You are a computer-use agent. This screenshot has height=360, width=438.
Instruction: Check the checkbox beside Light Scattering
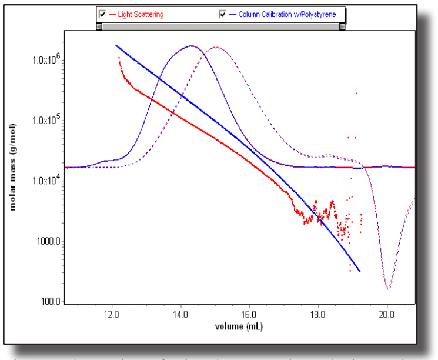pyautogui.click(x=103, y=14)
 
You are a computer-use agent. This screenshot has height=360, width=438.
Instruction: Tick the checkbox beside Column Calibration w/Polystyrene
pyautogui.click(x=223, y=14)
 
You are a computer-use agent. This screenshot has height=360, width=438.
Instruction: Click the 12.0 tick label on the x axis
pyautogui.click(x=111, y=314)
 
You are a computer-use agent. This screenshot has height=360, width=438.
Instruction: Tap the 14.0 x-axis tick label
pyautogui.click(x=180, y=314)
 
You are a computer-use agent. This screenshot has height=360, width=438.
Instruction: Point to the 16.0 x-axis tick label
pyautogui.click(x=249, y=314)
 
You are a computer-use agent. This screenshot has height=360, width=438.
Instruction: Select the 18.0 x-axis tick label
pyautogui.click(x=318, y=314)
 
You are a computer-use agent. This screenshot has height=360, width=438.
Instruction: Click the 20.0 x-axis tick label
pyautogui.click(x=387, y=314)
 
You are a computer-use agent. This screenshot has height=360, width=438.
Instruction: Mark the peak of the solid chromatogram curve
pyautogui.click(x=192, y=46)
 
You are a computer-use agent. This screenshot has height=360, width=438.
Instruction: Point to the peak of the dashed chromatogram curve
pyautogui.click(x=216, y=47)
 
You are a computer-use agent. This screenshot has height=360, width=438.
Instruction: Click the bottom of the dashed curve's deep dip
pyautogui.click(x=388, y=288)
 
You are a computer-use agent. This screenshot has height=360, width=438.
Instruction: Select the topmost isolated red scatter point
pyautogui.click(x=357, y=93)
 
